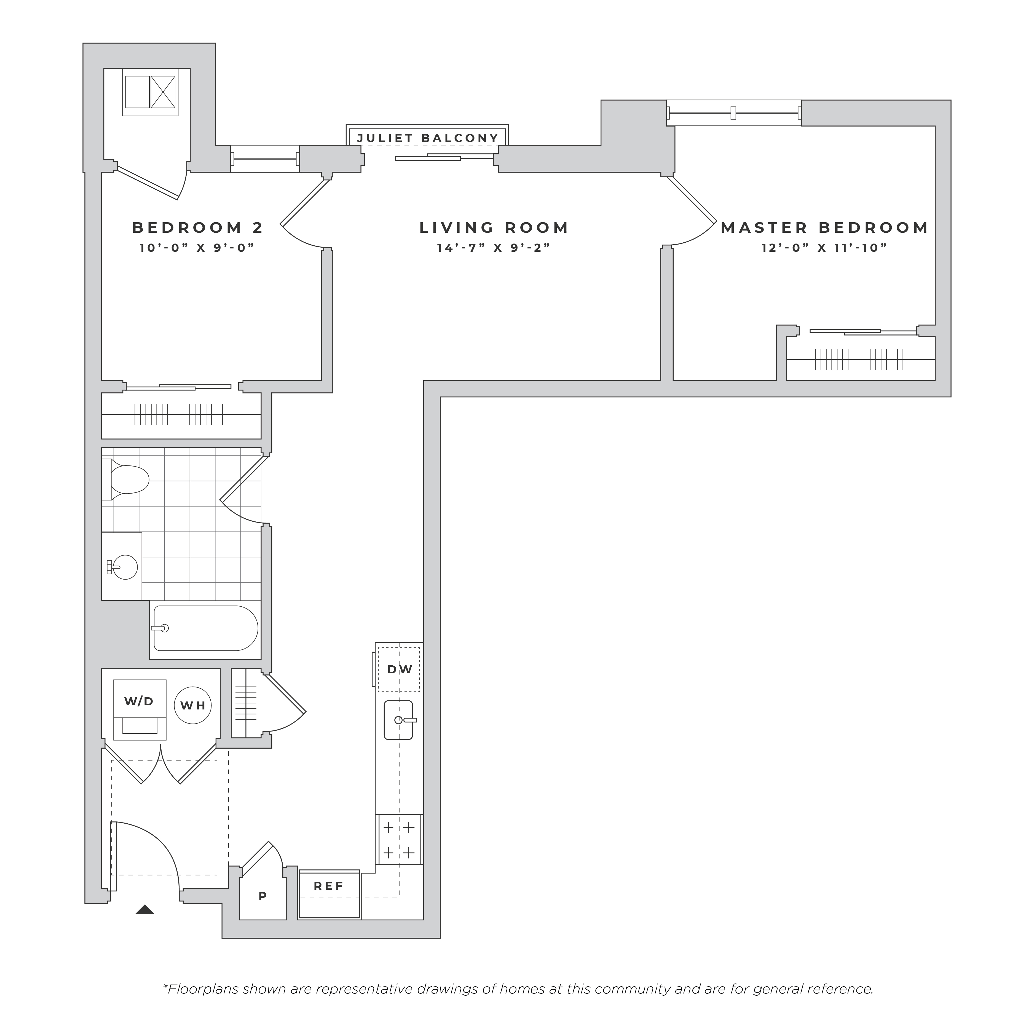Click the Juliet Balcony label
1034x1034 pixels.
tap(428, 138)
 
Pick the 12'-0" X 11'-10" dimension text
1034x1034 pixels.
tap(824, 248)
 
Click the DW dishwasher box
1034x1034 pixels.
tap(399, 669)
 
